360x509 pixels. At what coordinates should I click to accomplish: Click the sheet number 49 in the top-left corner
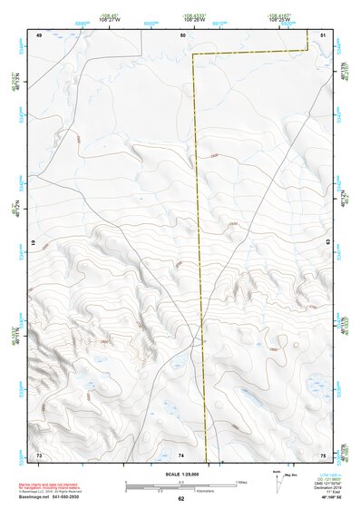pyautogui.click(x=39, y=34)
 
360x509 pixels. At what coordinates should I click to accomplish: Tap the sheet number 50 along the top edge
pyautogui.click(x=183, y=34)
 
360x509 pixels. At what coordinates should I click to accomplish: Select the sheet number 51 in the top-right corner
pyautogui.click(x=324, y=34)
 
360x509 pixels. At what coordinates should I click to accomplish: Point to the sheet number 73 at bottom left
pyautogui.click(x=39, y=454)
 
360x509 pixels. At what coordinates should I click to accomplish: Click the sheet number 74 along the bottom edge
pyautogui.click(x=181, y=454)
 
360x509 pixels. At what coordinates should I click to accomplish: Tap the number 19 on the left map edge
pyautogui.click(x=34, y=244)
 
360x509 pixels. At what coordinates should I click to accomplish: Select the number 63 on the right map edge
pyautogui.click(x=328, y=243)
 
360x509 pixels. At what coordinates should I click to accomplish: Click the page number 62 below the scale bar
pyautogui.click(x=181, y=499)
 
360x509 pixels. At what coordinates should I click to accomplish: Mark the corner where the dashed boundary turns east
pyautogui.click(x=191, y=54)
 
